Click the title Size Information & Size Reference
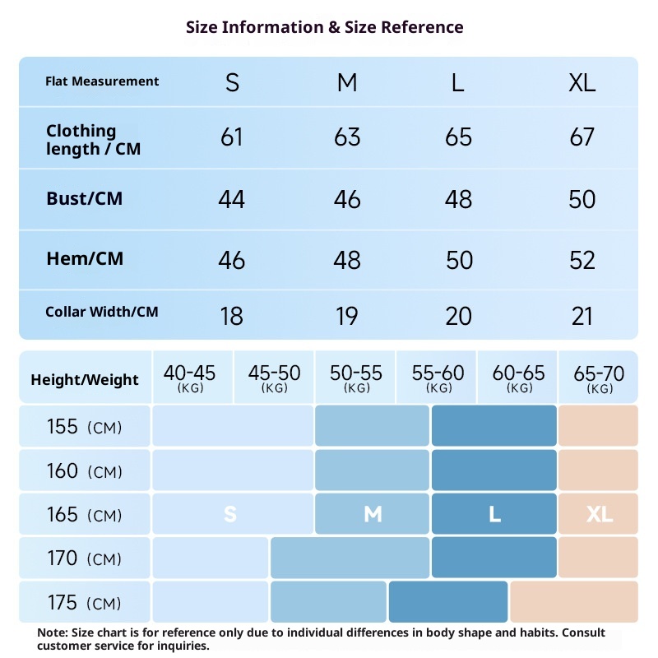(325, 27)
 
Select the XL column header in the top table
(582, 82)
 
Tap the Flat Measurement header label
(102, 81)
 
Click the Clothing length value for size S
(232, 137)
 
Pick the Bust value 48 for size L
(458, 199)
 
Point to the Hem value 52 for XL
(582, 260)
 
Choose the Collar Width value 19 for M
(347, 316)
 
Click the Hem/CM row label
(85, 259)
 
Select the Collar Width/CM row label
(102, 312)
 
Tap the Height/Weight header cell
(85, 380)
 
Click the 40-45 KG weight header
(190, 378)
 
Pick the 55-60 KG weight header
(438, 378)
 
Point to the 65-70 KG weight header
(600, 378)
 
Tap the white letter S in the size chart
(230, 515)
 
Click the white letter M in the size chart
(373, 515)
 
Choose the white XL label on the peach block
(600, 515)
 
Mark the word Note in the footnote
(53, 633)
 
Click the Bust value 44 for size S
(232, 199)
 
